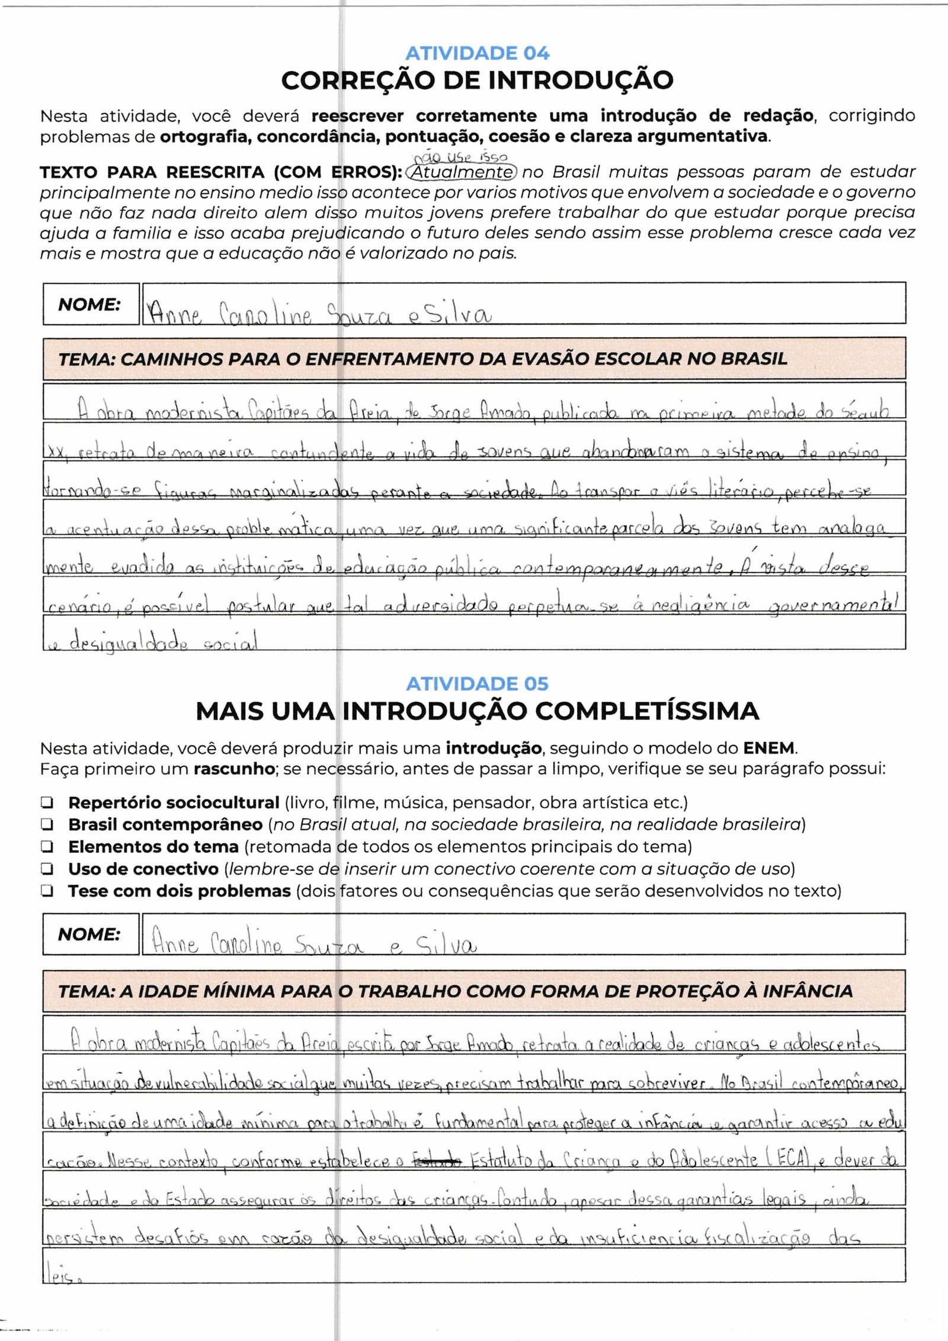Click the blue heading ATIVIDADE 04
[x=477, y=54]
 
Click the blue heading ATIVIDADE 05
[x=477, y=684]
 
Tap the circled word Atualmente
[x=462, y=172]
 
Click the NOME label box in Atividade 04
[x=91, y=305]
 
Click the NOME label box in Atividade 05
[x=91, y=934]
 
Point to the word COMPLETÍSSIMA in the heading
[x=627, y=710]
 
